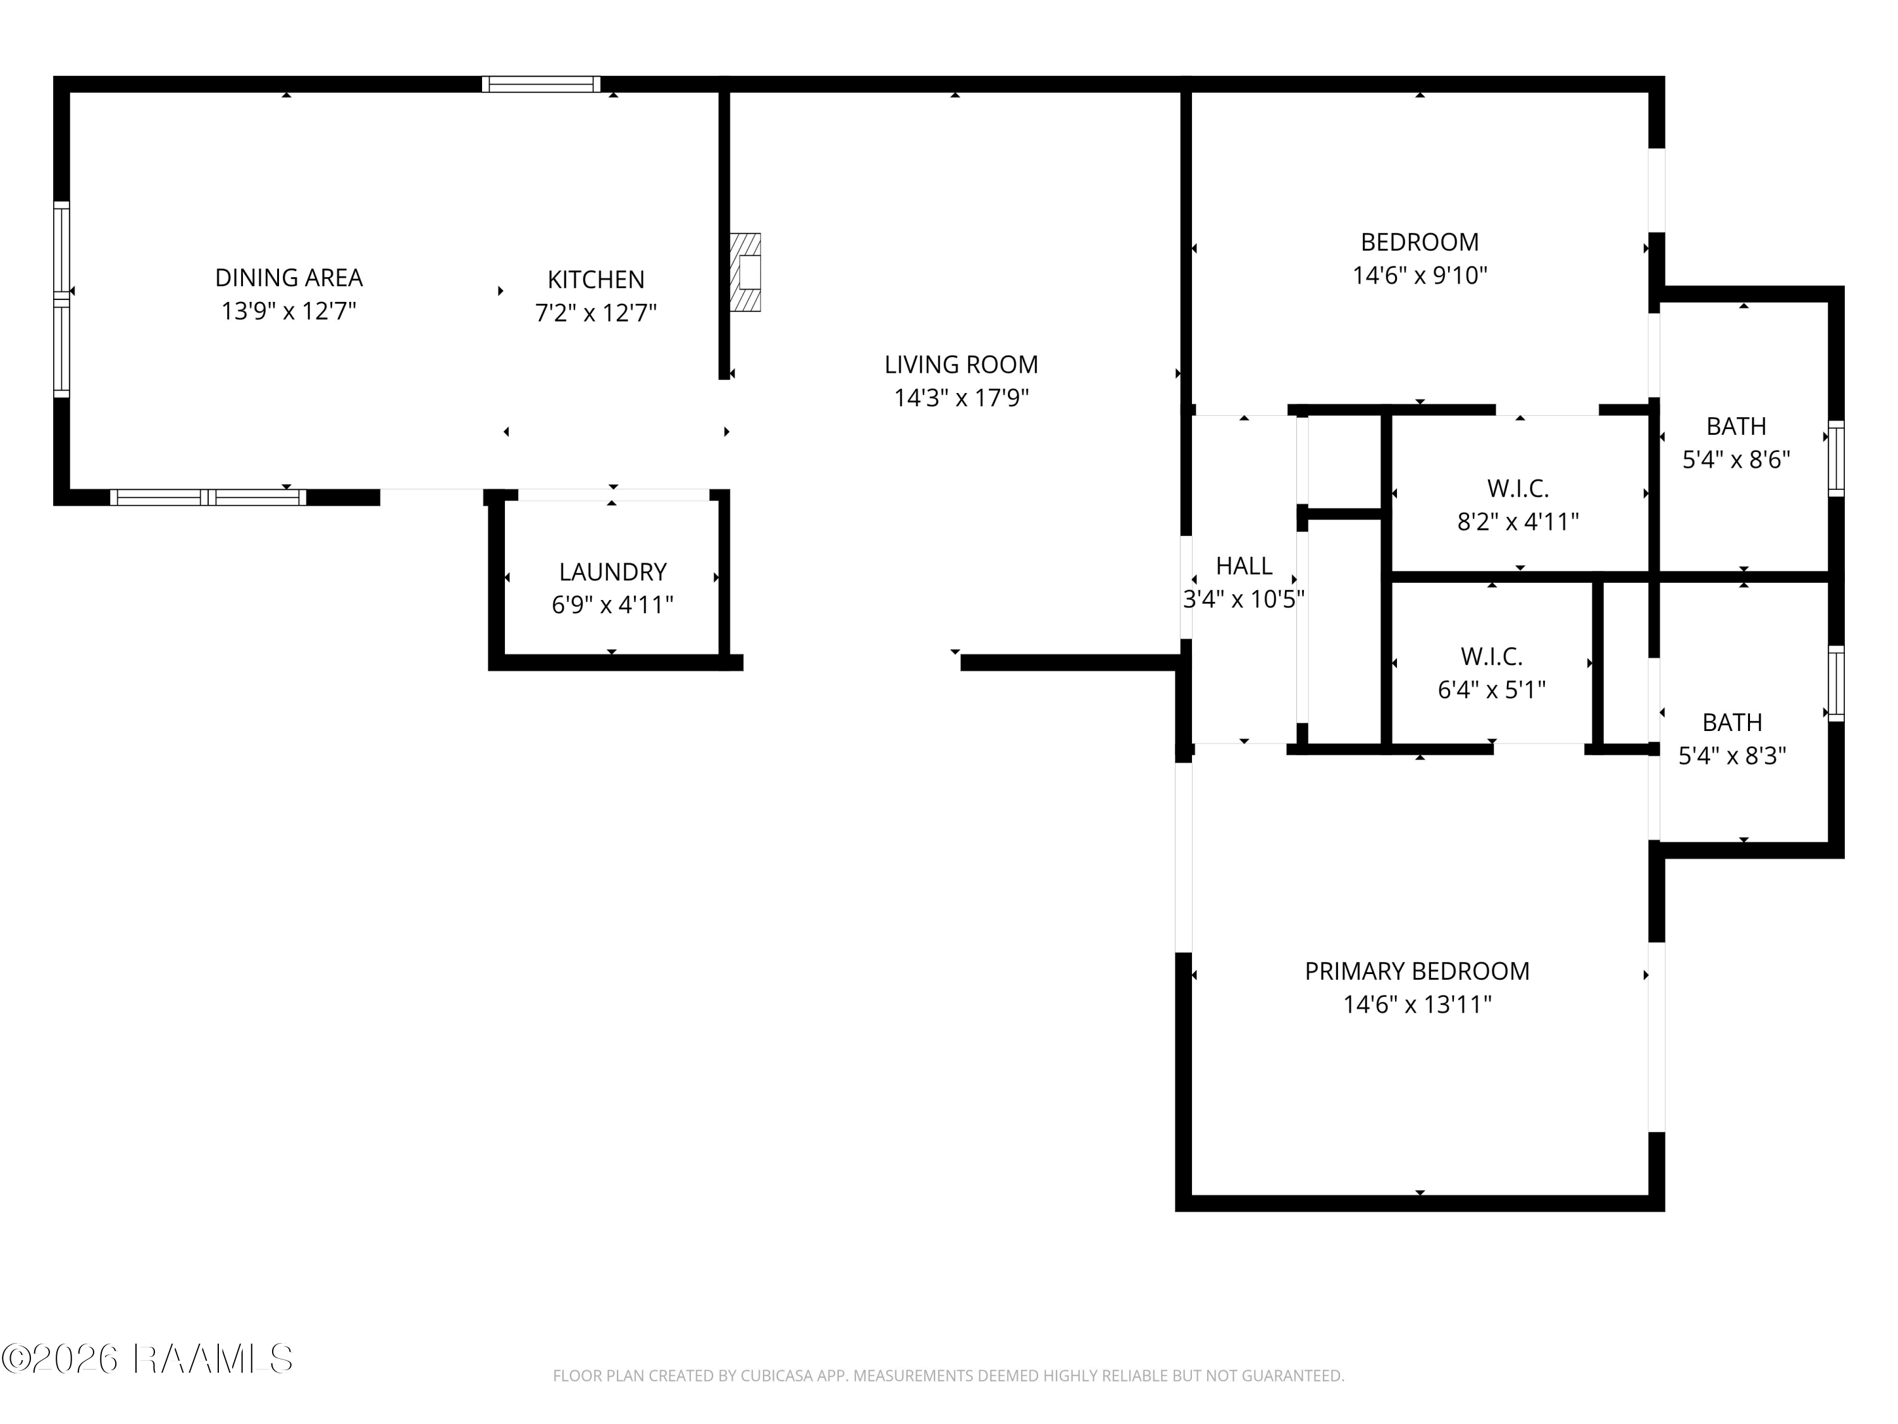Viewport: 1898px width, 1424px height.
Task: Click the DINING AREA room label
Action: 288,277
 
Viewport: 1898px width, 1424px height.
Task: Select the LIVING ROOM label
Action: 961,365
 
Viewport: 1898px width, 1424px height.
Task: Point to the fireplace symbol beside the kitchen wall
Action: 745,272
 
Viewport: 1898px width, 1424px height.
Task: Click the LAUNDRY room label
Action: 612,571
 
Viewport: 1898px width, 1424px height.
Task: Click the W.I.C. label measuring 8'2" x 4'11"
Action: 1518,489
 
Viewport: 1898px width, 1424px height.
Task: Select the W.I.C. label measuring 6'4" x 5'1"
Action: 1491,657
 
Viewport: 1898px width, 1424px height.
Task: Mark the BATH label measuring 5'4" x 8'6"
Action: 1736,426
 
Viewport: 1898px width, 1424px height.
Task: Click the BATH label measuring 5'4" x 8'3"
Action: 1732,722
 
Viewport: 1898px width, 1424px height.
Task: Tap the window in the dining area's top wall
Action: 540,84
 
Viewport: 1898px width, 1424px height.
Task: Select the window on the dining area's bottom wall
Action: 208,497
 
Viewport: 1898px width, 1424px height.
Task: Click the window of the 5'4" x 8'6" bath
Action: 1835,458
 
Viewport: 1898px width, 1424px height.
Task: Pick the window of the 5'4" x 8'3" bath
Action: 1835,684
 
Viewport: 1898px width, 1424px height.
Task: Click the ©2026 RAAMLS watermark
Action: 147,1359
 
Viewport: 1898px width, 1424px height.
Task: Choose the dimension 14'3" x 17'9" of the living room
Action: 961,398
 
